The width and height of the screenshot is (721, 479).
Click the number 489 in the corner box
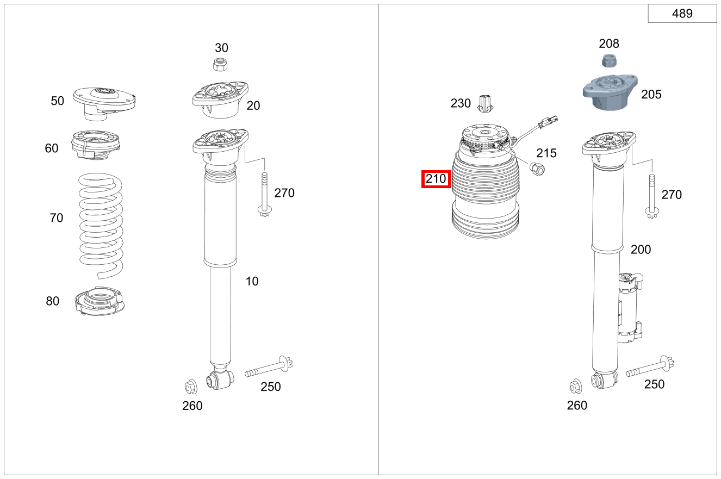click(682, 14)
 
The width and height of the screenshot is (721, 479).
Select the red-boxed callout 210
click(436, 179)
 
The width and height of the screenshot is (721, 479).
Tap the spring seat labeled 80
click(99, 302)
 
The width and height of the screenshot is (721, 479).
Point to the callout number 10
click(252, 281)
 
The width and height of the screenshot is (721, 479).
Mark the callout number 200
click(641, 250)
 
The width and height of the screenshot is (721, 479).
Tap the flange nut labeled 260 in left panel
click(191, 387)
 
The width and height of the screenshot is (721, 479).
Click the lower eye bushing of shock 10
click(220, 379)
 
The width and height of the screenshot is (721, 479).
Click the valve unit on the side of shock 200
click(629, 308)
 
